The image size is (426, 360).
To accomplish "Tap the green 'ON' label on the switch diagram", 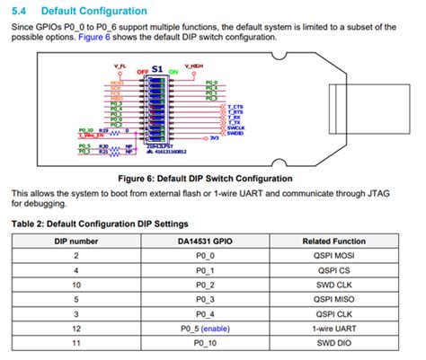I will (173, 70).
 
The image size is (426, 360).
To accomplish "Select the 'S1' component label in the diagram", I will (157, 68).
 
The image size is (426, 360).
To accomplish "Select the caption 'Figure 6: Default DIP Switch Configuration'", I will (212, 178).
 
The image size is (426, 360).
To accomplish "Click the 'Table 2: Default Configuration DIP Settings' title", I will (99, 223).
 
